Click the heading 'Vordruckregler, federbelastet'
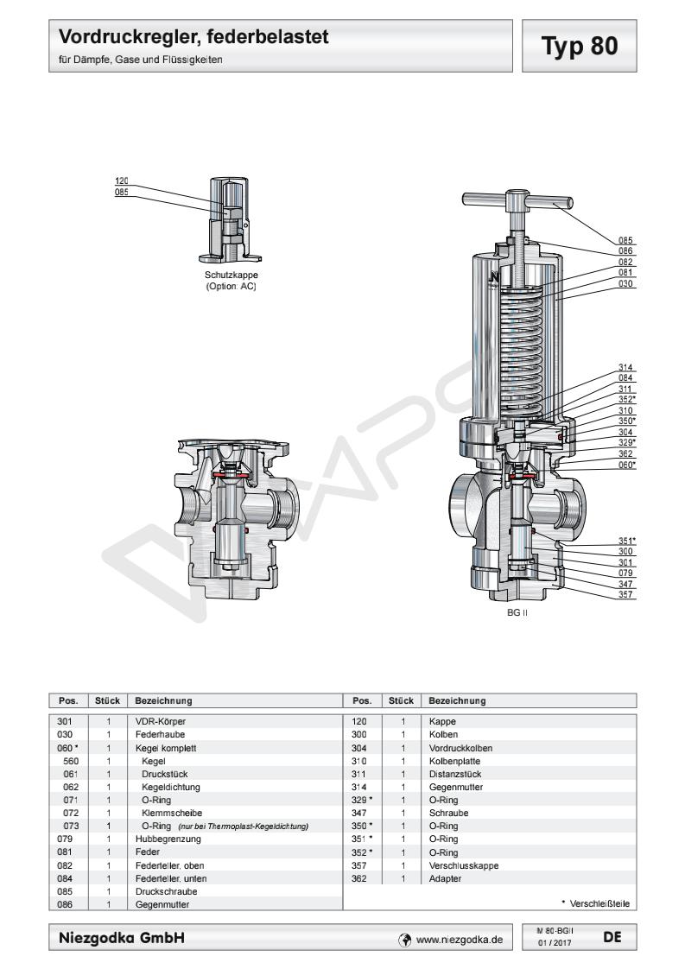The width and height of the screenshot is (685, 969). (194, 39)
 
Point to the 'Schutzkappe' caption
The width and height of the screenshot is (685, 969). (227, 276)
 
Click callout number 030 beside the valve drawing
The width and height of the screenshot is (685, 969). (626, 283)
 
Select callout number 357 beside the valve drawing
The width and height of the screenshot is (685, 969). (626, 595)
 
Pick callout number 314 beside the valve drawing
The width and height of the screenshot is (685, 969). (626, 367)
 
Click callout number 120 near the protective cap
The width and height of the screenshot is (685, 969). (122, 180)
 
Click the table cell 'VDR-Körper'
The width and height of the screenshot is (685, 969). (162, 719)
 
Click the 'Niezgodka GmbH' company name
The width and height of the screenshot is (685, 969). (120, 937)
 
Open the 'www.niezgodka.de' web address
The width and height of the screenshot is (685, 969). (459, 938)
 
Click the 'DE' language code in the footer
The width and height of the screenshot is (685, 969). (611, 936)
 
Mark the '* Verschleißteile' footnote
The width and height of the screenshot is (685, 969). (595, 904)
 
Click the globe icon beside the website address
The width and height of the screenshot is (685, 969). (404, 938)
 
